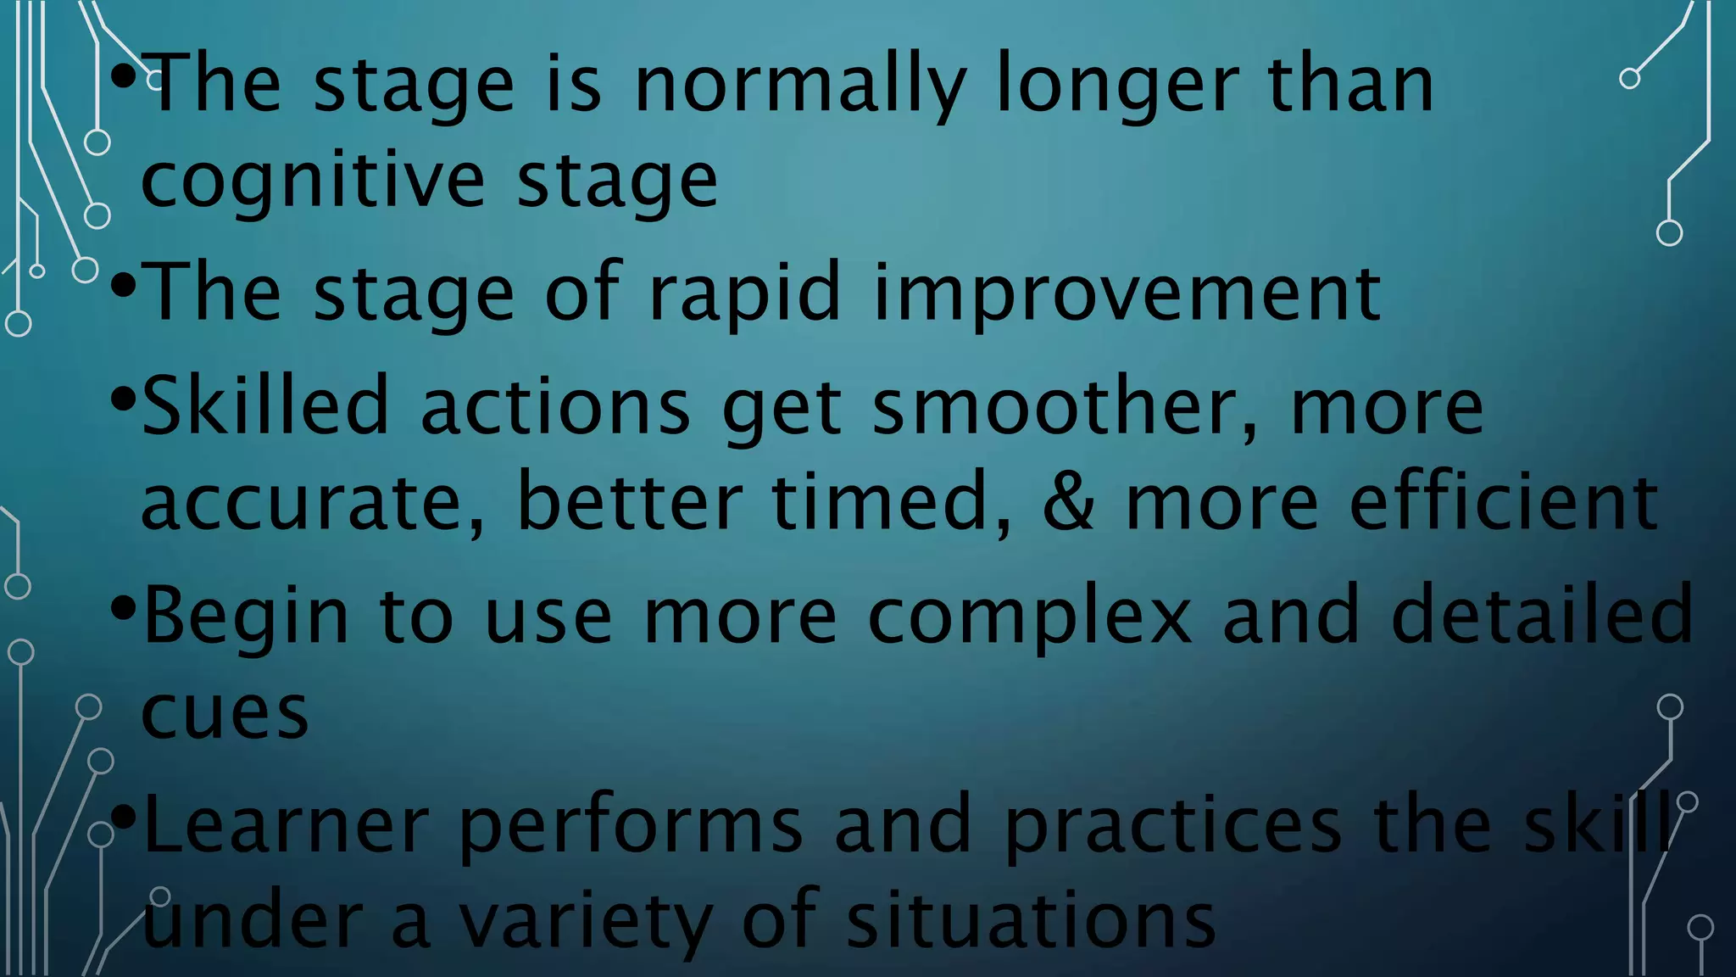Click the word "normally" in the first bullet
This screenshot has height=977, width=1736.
[799, 85]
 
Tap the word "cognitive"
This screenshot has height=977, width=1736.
[312, 181]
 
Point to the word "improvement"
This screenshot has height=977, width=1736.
[1127, 293]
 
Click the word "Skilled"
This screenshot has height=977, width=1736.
[265, 406]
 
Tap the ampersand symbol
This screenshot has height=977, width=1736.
[1068, 502]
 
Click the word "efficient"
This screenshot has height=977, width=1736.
[1503, 502]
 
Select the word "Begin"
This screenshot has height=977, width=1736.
[246, 616]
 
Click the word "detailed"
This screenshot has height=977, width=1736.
[1542, 614]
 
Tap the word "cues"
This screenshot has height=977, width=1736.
[225, 712]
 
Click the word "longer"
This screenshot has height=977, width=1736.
[1116, 85]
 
